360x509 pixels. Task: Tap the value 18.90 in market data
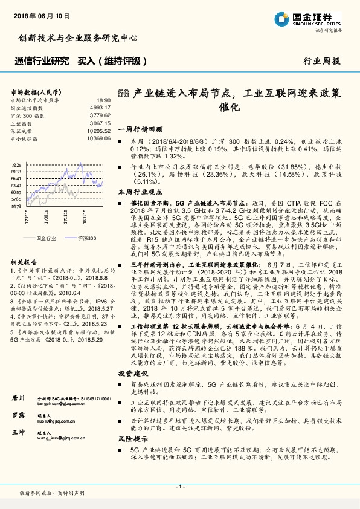coord(104,100)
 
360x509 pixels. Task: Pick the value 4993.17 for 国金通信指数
coord(100,107)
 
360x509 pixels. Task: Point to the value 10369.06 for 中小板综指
coord(99,138)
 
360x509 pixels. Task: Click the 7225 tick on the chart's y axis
coord(16,164)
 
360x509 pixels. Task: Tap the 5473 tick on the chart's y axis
coord(16,206)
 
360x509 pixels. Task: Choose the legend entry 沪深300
coord(86,239)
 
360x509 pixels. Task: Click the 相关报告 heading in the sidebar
coord(24,262)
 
